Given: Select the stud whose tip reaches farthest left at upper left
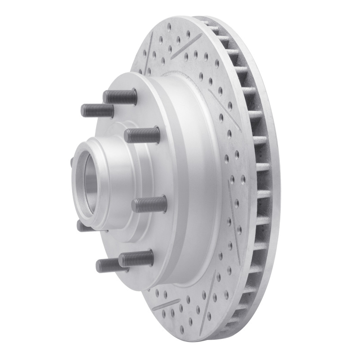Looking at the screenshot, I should click(x=97, y=110).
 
